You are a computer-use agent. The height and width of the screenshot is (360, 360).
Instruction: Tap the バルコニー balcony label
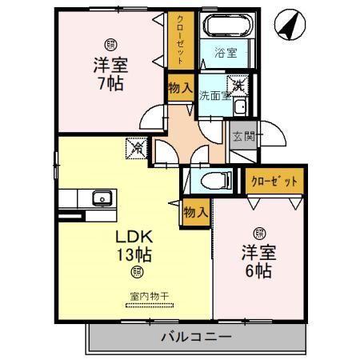pos(194,337)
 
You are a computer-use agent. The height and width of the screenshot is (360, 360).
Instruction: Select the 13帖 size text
pos(133,256)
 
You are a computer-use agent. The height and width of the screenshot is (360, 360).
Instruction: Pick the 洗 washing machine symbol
pos(238,82)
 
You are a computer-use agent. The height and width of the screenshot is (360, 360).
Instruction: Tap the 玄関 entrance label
pos(242,137)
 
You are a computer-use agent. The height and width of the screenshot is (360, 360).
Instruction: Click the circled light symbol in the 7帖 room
pos(108,44)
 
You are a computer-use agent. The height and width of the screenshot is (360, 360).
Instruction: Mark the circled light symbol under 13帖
pos(134,273)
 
